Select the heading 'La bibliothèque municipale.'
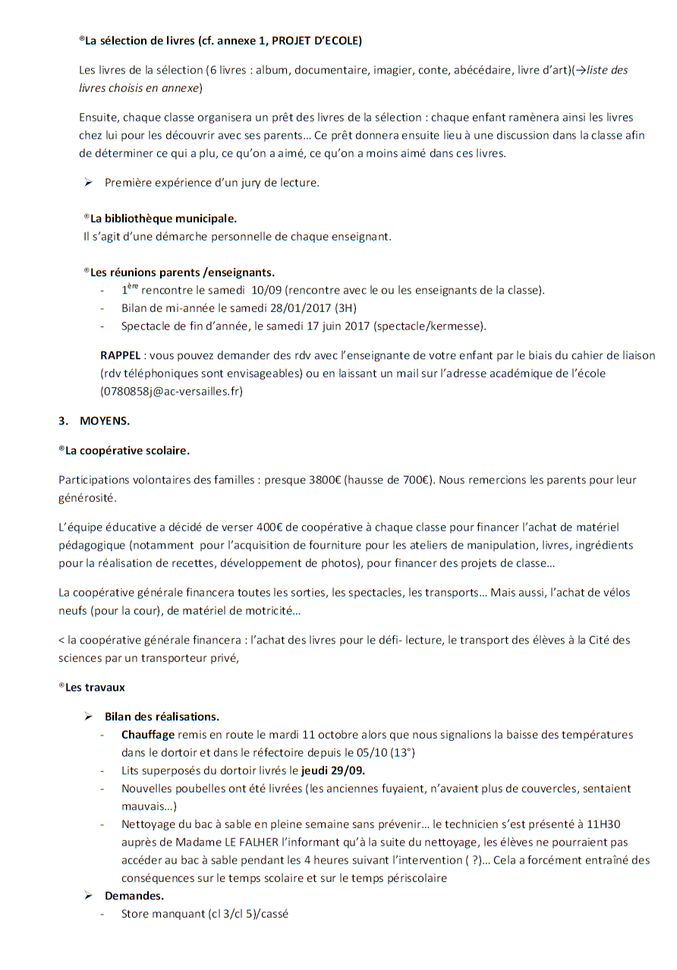[x=163, y=219]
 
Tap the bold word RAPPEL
[x=120, y=355]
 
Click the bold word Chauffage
[x=148, y=735]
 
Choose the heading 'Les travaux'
[x=96, y=688]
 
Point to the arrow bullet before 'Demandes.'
[x=89, y=896]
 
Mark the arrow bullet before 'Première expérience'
[x=89, y=182]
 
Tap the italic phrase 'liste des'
[x=607, y=71]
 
